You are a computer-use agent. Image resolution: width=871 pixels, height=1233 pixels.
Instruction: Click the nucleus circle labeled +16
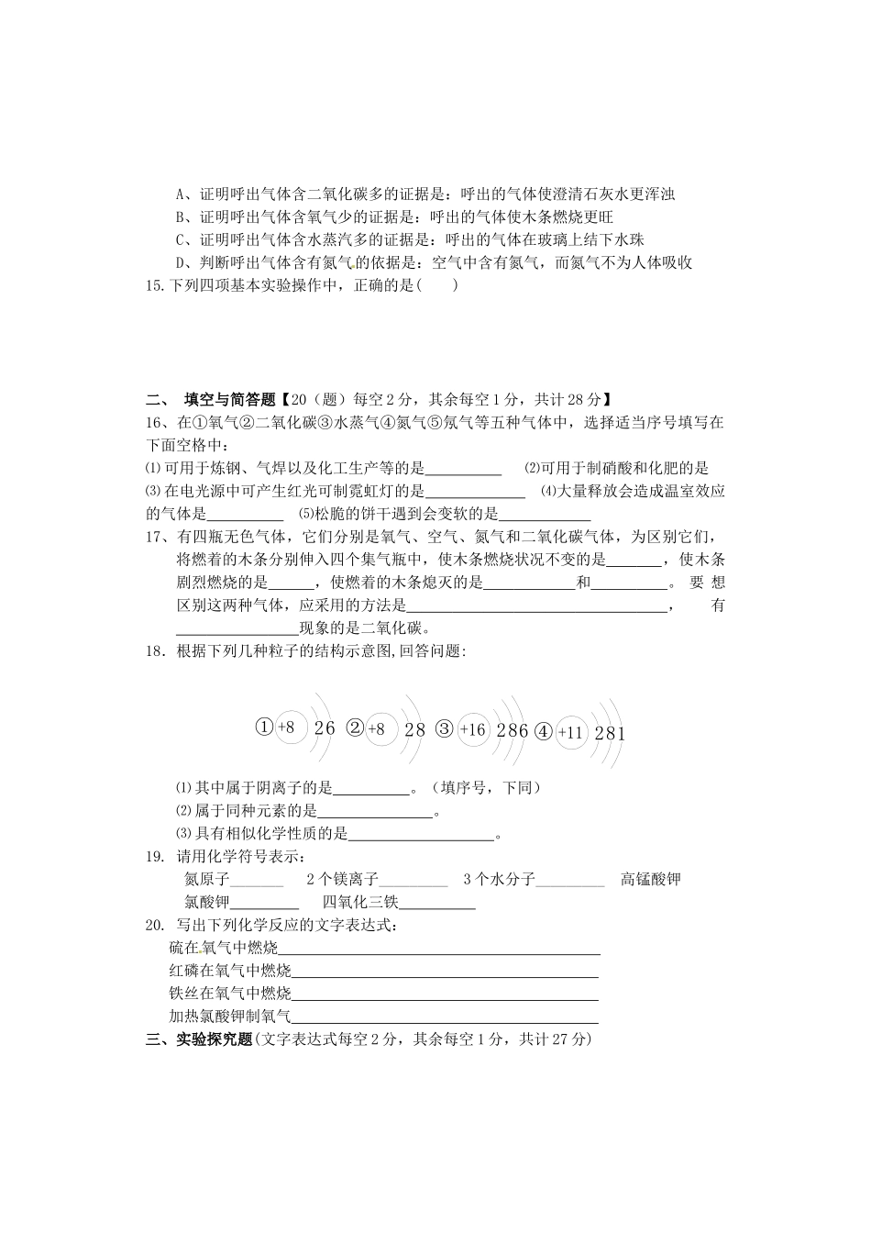pyautogui.click(x=473, y=729)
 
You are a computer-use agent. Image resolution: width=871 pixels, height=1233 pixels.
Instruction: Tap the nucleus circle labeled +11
pyautogui.click(x=570, y=732)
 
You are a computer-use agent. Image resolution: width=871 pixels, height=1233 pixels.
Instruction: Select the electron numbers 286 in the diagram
pyautogui.click(x=513, y=730)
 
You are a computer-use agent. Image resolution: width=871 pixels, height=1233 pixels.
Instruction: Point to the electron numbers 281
pyautogui.click(x=610, y=733)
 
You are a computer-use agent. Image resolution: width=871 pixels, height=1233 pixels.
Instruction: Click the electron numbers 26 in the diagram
pyautogui.click(x=325, y=728)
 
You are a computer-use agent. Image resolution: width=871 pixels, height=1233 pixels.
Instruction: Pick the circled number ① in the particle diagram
pyautogui.click(x=264, y=728)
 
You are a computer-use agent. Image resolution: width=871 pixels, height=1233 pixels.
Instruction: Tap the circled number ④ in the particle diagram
pyautogui.click(x=544, y=731)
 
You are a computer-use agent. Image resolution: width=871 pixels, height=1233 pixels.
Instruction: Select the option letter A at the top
pyautogui.click(x=181, y=194)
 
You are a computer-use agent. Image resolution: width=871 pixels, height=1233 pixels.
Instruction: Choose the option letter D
pyautogui.click(x=181, y=263)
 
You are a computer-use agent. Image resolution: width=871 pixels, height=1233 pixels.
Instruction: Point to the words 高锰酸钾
pyautogui.click(x=651, y=880)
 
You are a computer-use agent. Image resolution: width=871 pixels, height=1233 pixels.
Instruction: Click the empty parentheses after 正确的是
pyautogui.click(x=436, y=285)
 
